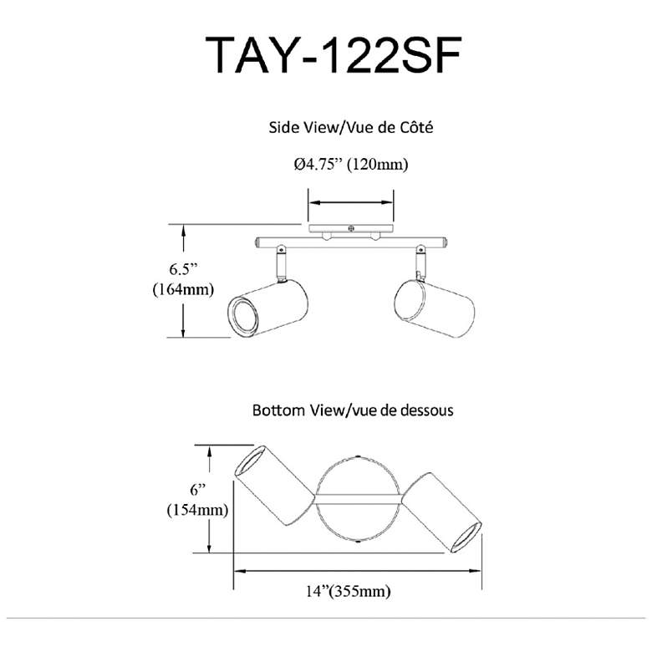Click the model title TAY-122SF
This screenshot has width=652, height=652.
pyautogui.click(x=333, y=55)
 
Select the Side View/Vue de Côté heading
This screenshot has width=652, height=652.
pyautogui.click(x=350, y=127)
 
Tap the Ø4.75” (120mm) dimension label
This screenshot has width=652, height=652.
pyautogui.click(x=351, y=164)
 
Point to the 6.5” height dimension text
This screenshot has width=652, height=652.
pyautogui.click(x=183, y=269)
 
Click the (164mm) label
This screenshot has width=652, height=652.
pyautogui.click(x=183, y=289)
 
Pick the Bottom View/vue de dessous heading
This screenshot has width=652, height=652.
pyautogui.click(x=353, y=410)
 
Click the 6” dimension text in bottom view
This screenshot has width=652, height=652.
pyautogui.click(x=198, y=490)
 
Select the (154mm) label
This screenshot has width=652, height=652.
pyautogui.click(x=197, y=510)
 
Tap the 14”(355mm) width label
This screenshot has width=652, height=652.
pyautogui.click(x=349, y=590)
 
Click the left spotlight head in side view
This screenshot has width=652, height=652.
pyautogui.click(x=267, y=308)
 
